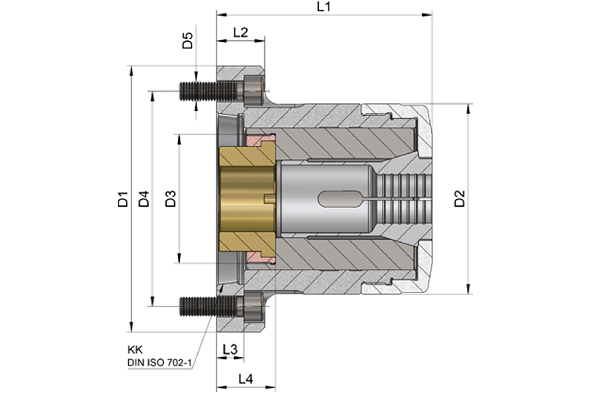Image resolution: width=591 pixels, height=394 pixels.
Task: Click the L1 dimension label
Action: click(x=324, y=7)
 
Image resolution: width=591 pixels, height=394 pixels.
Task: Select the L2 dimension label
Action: click(x=241, y=33)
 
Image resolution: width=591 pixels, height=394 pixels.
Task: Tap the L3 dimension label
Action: click(x=230, y=350)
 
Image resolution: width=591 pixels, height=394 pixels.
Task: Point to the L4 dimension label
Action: click(x=246, y=379)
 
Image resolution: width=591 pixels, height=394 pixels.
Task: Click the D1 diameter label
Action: click(x=123, y=199)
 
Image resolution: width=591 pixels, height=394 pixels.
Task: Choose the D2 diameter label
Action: click(x=460, y=198)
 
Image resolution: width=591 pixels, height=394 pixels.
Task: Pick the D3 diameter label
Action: click(x=170, y=198)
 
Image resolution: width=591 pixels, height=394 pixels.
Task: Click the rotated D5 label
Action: click(x=188, y=40)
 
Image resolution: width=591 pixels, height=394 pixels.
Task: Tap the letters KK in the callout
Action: click(x=135, y=350)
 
